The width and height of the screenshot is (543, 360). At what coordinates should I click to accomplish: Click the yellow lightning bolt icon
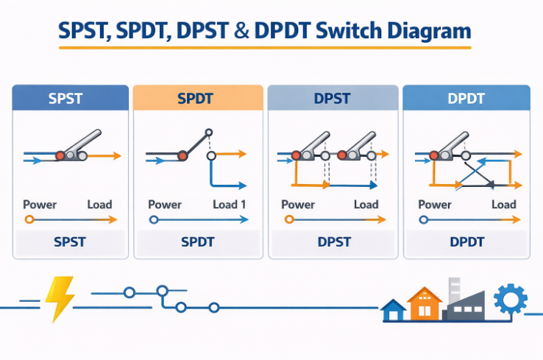click(60, 299)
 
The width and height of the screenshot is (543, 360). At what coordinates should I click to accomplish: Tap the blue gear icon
click(510, 299)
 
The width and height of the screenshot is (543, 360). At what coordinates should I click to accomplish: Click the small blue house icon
click(393, 310)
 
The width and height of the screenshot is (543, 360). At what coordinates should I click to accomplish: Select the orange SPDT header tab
click(198, 98)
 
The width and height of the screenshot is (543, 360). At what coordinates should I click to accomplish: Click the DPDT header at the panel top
click(466, 98)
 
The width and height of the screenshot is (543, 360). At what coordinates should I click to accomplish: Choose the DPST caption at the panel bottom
click(334, 242)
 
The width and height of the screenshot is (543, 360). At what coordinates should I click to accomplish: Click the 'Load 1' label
click(230, 205)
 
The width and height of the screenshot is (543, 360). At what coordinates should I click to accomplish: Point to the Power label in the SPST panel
click(40, 205)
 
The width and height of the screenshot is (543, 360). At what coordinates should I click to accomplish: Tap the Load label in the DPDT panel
click(504, 205)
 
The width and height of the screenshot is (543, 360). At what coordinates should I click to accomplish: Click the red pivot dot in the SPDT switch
click(182, 156)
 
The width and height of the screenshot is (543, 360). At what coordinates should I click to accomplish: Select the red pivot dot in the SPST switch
click(60, 156)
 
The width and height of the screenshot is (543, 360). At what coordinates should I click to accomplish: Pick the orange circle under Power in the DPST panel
click(289, 219)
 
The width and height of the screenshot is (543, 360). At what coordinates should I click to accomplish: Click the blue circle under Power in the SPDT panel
click(154, 219)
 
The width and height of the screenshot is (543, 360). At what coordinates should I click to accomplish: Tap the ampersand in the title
click(241, 30)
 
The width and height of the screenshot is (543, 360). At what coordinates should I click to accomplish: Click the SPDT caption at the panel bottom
click(198, 242)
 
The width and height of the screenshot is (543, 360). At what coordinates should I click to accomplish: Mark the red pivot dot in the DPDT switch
click(434, 155)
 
